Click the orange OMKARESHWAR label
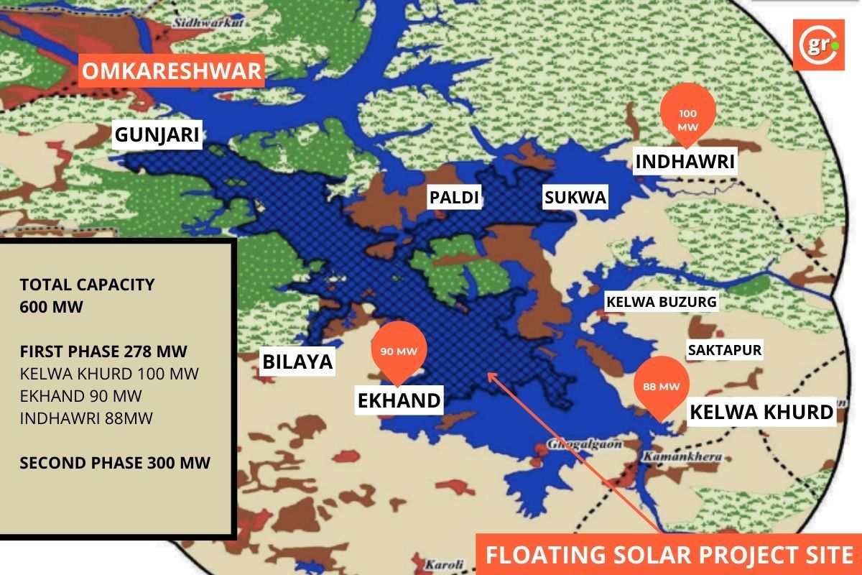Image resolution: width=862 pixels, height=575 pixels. [x=171, y=72]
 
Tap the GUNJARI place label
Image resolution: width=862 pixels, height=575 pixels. [x=157, y=134]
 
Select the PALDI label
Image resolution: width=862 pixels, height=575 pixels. [x=453, y=198]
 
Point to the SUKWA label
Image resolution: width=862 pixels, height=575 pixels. [x=575, y=198]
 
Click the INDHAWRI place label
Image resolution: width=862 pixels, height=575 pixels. [x=685, y=162]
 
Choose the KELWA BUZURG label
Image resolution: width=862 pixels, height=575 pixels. [x=662, y=302]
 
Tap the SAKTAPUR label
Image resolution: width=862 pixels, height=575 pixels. [x=724, y=351]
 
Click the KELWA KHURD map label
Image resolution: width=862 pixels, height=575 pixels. [x=761, y=412]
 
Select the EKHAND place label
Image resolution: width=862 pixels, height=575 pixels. [x=399, y=400]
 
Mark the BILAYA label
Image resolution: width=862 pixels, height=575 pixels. [x=297, y=362]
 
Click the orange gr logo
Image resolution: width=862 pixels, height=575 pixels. [x=818, y=45]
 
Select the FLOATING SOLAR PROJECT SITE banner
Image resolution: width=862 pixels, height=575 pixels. [x=669, y=554]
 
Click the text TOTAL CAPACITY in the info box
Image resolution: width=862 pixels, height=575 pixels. [x=87, y=285]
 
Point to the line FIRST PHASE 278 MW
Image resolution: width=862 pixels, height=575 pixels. [x=103, y=351]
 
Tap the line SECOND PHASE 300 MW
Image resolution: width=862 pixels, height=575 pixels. [x=115, y=462]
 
